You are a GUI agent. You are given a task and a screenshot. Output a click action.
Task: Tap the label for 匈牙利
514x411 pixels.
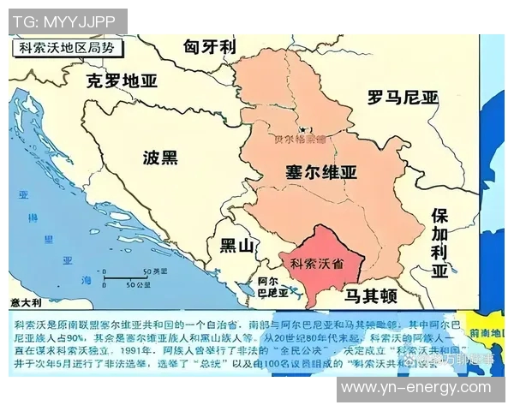click(x=209, y=47)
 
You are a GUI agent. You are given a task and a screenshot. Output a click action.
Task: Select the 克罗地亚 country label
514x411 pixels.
click(x=123, y=81)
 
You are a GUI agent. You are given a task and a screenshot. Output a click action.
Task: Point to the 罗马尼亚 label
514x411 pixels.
click(x=402, y=97)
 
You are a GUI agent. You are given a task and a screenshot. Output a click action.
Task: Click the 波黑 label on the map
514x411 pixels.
click(x=160, y=158)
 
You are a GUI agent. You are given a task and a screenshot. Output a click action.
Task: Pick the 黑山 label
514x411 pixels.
click(x=237, y=247)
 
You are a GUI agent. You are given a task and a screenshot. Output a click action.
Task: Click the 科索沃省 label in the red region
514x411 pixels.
click(x=317, y=263)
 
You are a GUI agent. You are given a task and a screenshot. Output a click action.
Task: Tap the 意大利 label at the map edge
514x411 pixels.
click(x=27, y=302)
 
